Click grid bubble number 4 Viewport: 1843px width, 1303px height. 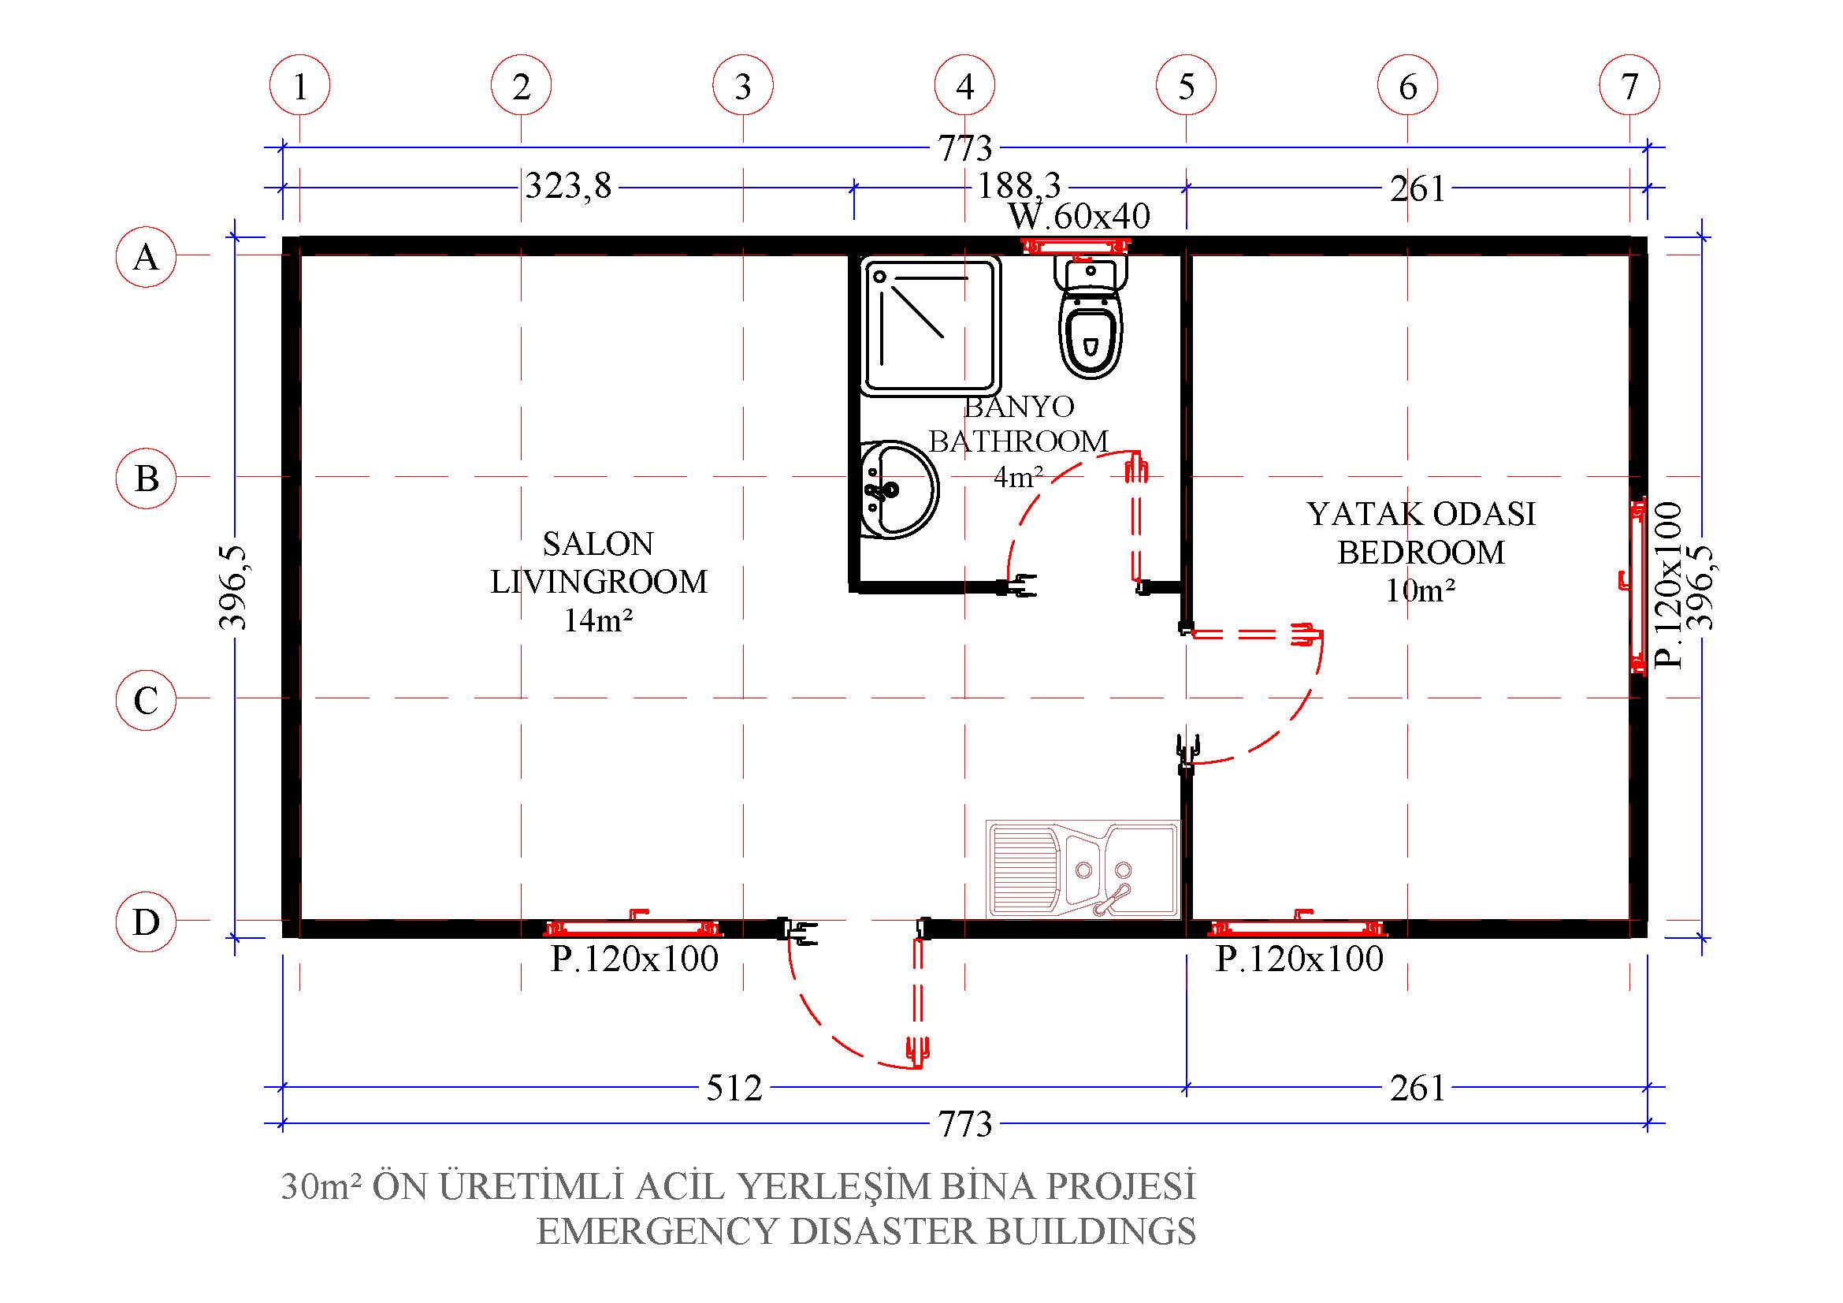965,86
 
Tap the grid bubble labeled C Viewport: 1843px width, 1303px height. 145,700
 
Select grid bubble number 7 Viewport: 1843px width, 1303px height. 1629,86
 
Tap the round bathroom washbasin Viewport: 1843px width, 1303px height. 898,489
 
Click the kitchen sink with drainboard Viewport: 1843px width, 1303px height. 1083,869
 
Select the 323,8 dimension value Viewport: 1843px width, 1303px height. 568,186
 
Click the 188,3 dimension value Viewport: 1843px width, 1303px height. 1019,186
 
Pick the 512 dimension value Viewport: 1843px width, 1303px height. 734,1089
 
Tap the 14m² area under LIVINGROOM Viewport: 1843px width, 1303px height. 598,620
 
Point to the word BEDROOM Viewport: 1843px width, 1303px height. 1421,553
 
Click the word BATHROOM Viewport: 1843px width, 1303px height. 1019,441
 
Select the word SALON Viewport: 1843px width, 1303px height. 598,545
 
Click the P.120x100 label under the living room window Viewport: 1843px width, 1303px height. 634,959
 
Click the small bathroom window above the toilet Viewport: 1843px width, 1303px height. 1075,245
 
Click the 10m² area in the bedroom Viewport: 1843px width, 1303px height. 1421,591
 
